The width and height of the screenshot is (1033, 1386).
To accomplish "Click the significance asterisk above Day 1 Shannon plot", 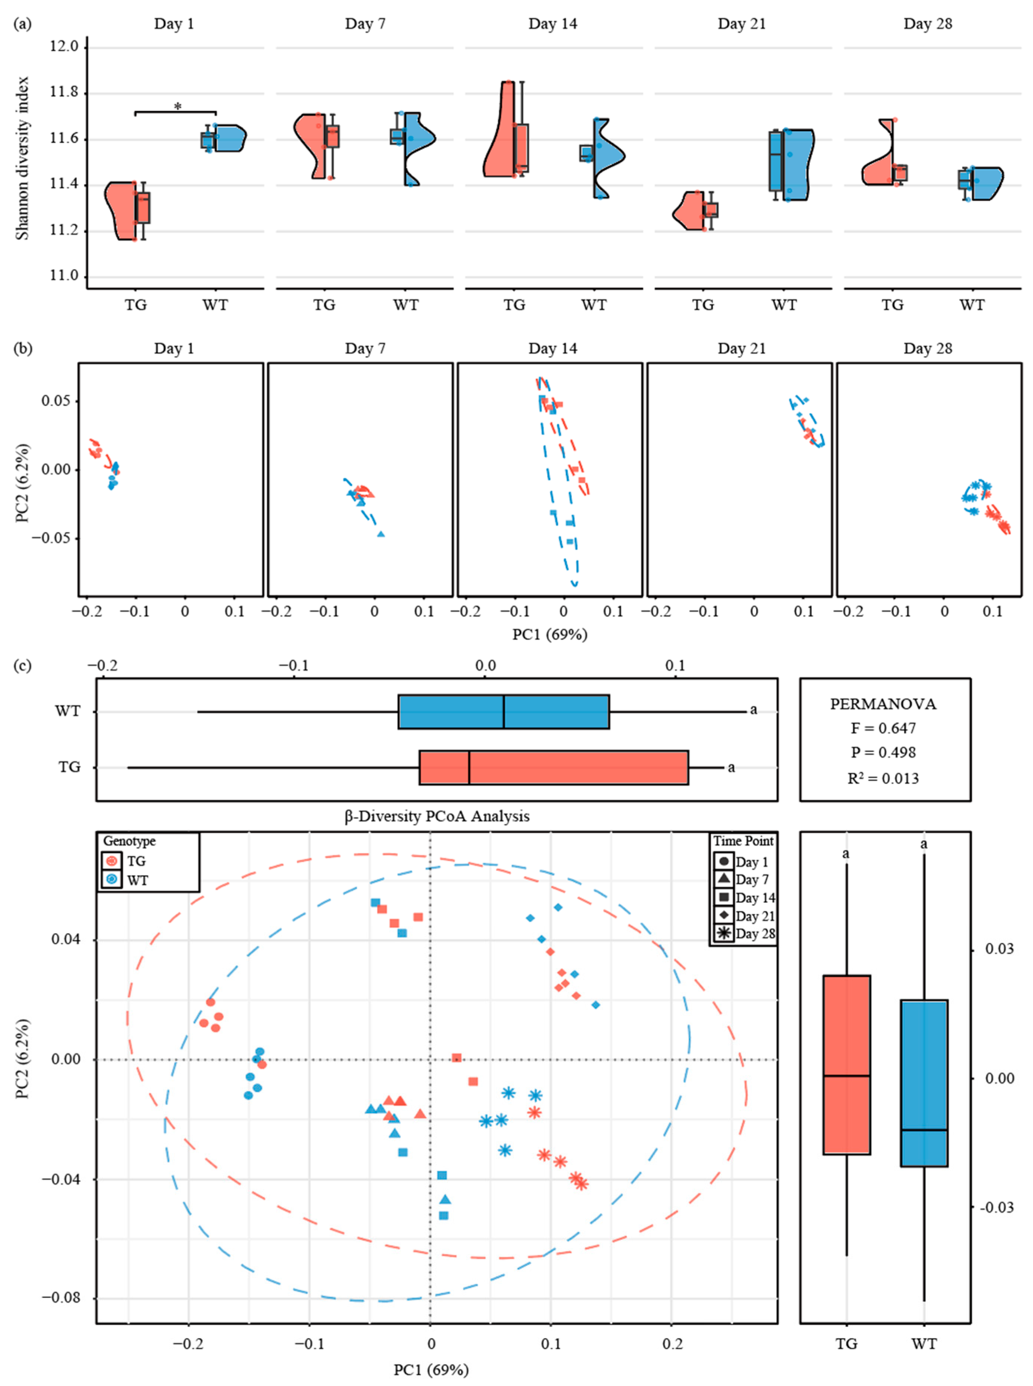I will [x=178, y=107].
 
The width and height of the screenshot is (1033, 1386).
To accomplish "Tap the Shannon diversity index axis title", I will [x=23, y=158].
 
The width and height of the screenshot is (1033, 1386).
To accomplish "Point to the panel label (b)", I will [x=23, y=348].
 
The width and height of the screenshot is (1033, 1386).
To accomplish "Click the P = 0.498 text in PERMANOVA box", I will [x=884, y=753].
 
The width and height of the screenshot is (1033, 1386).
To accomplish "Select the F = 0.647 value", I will [x=884, y=728].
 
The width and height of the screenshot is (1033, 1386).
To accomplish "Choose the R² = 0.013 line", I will [x=884, y=778].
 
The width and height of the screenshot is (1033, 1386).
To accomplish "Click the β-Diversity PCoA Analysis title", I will [x=437, y=817].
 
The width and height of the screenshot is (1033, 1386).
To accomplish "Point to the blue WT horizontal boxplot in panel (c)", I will [x=503, y=711].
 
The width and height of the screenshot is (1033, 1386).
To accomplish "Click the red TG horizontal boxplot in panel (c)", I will [x=553, y=767].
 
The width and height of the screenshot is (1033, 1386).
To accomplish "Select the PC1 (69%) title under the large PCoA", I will [x=431, y=1370].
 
